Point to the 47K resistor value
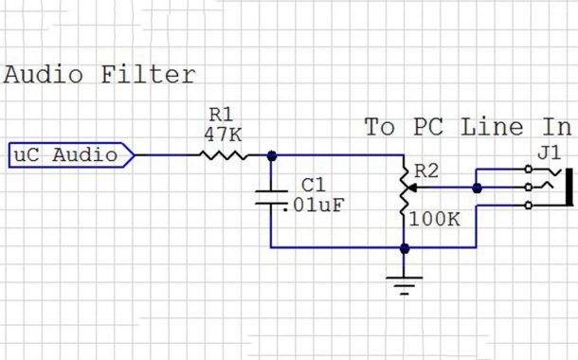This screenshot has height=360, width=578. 224,135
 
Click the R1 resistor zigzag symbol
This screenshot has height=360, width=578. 224,154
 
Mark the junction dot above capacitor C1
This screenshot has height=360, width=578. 271,154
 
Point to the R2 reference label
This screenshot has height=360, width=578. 427,171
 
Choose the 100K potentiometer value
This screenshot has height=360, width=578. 436,220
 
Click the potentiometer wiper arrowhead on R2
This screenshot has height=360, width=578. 414,188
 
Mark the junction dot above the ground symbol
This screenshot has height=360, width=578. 406,248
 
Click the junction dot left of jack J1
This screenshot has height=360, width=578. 477,188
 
